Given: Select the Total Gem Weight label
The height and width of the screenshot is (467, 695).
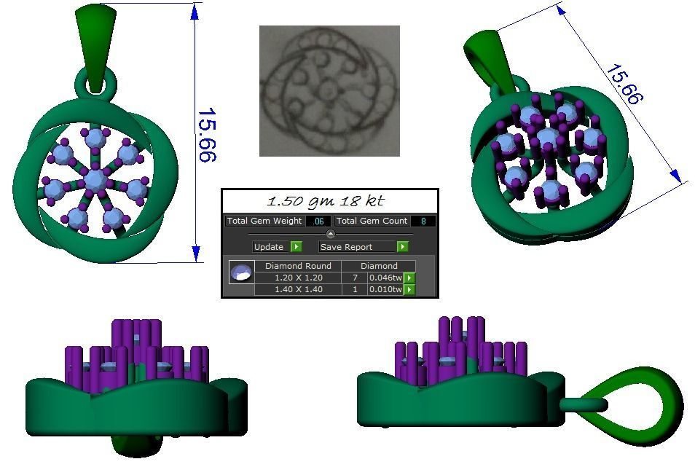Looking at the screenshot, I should (264, 221).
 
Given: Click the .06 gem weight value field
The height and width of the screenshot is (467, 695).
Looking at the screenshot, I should (318, 221).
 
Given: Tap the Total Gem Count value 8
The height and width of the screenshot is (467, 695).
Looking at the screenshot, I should (423, 221).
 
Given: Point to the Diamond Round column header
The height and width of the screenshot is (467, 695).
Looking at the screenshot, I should (297, 266).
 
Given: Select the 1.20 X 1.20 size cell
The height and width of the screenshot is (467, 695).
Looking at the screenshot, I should (297, 278).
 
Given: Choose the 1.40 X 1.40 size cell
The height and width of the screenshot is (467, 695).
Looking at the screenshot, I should (297, 289).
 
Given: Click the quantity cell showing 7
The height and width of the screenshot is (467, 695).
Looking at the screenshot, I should (354, 278).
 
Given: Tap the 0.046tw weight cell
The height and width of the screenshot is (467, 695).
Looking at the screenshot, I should (385, 278).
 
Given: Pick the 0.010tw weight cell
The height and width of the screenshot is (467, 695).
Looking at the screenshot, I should (385, 289).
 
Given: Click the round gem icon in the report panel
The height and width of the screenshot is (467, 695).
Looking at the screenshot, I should (241, 273).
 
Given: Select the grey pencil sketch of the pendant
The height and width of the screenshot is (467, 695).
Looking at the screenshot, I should (329, 91).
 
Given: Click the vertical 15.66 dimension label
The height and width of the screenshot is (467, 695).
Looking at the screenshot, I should (208, 136).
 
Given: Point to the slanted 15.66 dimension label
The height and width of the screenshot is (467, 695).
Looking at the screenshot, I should (623, 85).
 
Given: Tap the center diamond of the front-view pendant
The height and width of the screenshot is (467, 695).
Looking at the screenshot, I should (95, 179).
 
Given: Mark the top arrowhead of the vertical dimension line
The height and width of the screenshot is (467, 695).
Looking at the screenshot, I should (195, 12).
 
